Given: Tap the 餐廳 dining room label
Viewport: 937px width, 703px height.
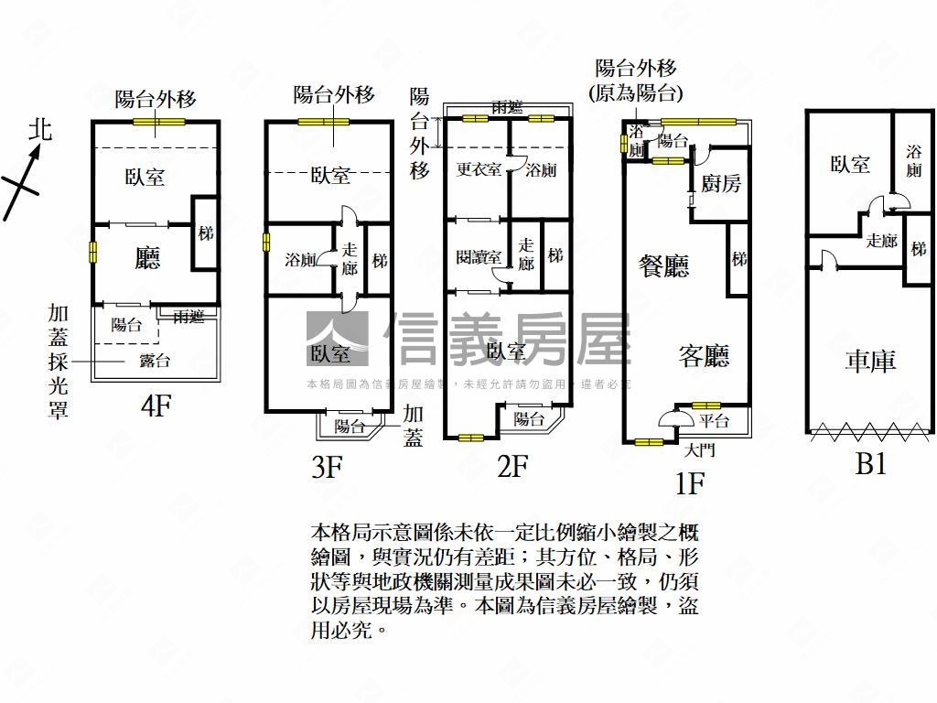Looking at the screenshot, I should click(663, 266).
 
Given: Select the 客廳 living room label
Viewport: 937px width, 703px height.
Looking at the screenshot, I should click(704, 355).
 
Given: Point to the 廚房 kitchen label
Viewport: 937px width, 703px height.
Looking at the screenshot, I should click(721, 184).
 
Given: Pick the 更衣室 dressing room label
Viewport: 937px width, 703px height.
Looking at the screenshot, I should click(479, 169).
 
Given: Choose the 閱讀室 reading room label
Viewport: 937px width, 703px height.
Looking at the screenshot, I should click(479, 257).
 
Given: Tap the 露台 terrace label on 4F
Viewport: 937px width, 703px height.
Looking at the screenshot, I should click(155, 361).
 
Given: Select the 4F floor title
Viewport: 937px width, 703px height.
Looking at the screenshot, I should click(156, 406).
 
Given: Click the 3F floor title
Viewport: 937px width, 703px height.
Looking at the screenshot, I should click(326, 469).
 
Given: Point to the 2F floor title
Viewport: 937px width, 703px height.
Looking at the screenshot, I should click(513, 467).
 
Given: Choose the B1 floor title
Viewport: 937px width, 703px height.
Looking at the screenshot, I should click(870, 464).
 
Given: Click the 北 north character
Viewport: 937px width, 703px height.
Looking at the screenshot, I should click(40, 130).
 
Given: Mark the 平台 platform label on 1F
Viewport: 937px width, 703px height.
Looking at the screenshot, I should click(714, 421).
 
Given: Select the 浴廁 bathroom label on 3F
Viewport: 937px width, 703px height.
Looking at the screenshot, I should click(302, 260).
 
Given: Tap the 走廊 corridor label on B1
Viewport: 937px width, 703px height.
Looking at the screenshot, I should click(881, 241).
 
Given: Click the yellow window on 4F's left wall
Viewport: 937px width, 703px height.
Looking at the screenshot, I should click(92, 252).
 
